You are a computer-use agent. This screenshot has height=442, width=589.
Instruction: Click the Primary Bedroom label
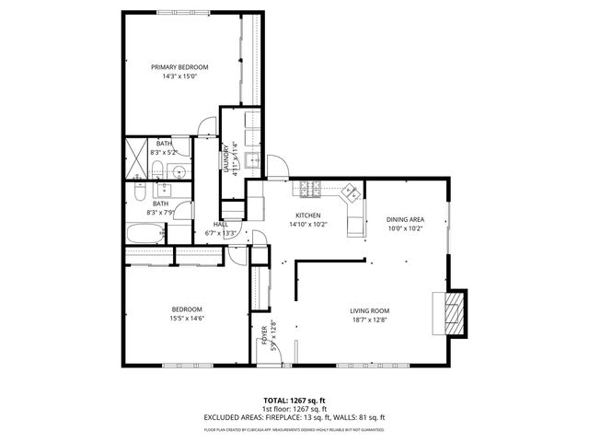[x=179, y=67]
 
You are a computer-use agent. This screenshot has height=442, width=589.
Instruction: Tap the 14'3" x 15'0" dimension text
[x=179, y=76]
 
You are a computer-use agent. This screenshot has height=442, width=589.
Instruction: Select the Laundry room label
[x=226, y=157]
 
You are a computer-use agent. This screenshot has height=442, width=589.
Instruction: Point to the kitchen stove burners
[x=306, y=189]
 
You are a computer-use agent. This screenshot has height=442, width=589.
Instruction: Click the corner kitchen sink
[x=351, y=193]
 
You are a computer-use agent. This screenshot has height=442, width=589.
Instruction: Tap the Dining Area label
[x=404, y=218]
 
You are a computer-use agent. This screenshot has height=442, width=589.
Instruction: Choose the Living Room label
[x=370, y=310]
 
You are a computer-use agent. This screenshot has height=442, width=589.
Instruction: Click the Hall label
[x=221, y=224]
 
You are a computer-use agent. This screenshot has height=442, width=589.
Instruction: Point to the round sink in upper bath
[x=177, y=171]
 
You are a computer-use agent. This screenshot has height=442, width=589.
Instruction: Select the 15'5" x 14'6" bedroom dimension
[x=187, y=319]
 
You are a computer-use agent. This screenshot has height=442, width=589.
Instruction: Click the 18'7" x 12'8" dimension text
[x=370, y=320]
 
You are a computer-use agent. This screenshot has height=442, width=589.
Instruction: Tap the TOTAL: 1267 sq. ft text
[x=294, y=400]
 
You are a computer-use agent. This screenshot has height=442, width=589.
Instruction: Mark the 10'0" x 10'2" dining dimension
[x=404, y=227]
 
